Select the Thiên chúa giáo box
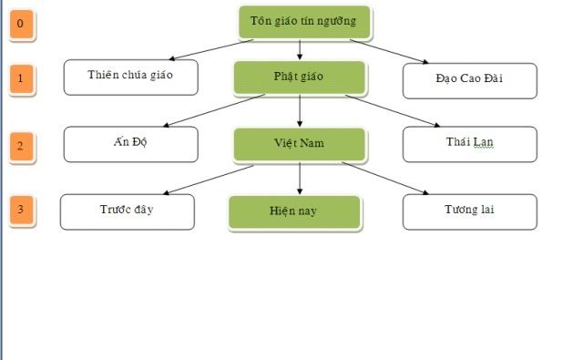130,77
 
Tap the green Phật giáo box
299,77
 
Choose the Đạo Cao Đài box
469,79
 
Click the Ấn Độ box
130,143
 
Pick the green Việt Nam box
299,144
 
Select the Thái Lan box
469,143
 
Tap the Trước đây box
127,211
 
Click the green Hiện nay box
294,211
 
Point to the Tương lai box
469,211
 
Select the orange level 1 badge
21,80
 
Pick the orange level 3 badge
21,211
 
